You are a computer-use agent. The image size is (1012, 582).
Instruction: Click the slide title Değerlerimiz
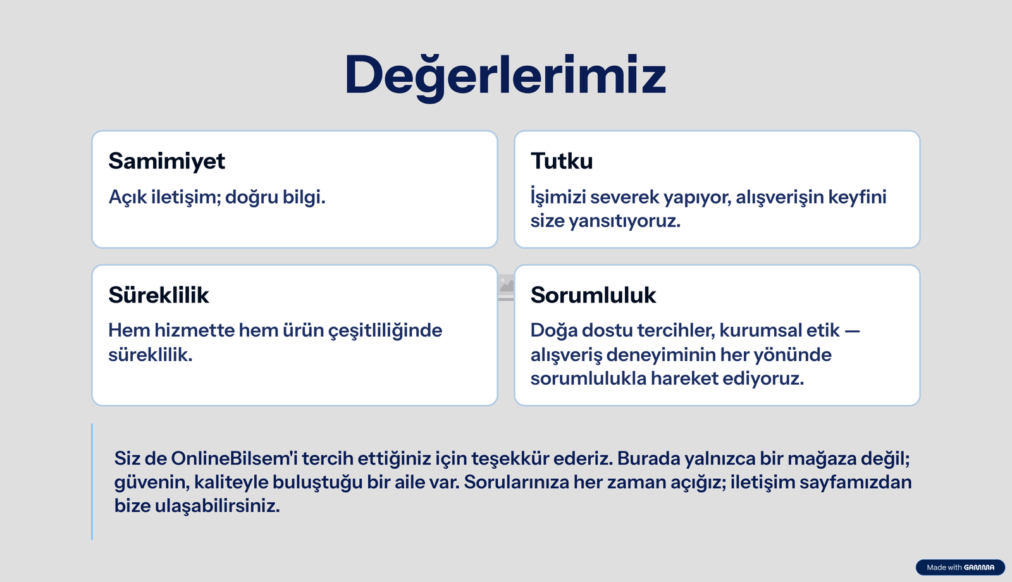point(505,75)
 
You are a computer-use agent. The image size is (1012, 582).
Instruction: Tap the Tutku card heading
point(562,161)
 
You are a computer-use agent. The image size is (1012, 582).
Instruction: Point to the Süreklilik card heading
point(158,295)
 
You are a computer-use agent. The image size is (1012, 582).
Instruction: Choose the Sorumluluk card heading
point(593,295)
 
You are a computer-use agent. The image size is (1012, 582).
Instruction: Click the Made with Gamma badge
point(960,567)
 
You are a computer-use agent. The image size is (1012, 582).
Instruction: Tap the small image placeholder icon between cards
point(506,287)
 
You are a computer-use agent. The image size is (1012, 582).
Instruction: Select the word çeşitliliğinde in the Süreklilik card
point(385,331)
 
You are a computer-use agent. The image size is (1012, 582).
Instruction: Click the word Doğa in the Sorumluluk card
point(553,331)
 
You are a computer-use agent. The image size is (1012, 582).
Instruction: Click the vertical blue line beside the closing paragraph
point(92,481)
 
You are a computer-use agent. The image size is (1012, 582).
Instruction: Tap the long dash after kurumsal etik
point(852,331)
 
